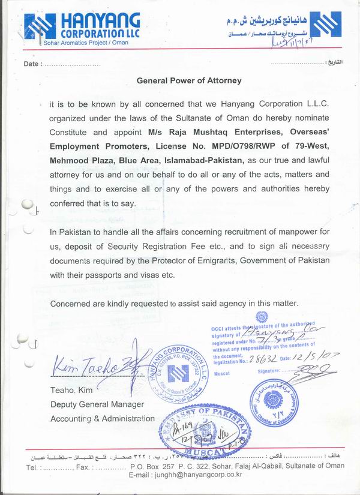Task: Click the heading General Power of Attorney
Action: (189, 80)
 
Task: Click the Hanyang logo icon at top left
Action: (40, 26)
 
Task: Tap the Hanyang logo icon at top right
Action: (325, 26)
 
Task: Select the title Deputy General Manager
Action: (97, 405)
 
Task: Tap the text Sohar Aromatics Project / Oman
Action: (81, 43)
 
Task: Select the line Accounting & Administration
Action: (103, 418)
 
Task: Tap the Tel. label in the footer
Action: (32, 466)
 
